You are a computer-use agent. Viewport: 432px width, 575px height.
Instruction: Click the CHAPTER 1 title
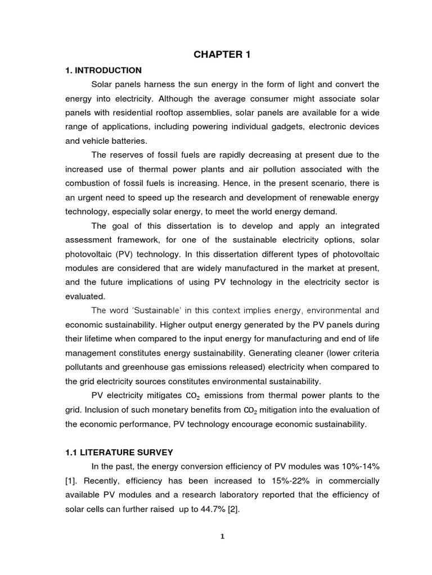222,54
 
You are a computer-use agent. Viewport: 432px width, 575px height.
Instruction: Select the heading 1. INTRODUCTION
103,70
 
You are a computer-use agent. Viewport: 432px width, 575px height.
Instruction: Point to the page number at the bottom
222,536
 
